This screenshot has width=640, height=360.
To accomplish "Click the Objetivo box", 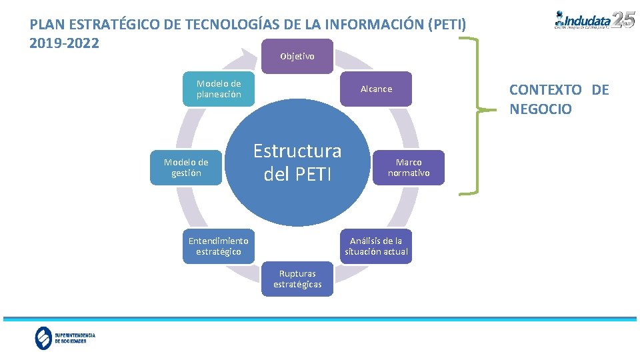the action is tap(297, 57).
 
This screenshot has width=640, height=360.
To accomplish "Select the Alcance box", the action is tap(376, 89).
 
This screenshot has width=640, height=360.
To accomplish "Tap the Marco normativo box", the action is tap(409, 167).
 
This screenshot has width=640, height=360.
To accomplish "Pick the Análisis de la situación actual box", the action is tap(376, 246).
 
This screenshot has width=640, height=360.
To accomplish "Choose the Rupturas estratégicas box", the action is tap(297, 279).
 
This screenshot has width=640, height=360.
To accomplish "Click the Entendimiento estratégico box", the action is tap(218, 246).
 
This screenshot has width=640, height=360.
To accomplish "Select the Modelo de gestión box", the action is tap(186, 167).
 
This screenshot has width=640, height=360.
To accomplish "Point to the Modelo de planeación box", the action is tap(219, 89).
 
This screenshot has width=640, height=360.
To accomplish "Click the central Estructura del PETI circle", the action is tap(297, 163).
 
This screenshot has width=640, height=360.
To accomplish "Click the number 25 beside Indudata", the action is tap(623, 19).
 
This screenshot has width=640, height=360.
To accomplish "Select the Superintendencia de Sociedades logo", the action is tap(65, 338).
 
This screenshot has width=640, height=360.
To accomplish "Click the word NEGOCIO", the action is tap(541, 109).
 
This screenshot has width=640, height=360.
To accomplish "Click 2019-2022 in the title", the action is tap(65, 43).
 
